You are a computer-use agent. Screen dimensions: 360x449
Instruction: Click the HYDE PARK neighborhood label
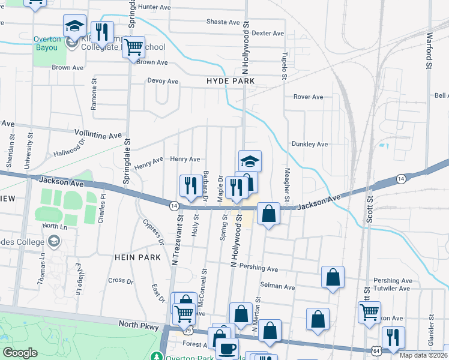[x=231, y=81]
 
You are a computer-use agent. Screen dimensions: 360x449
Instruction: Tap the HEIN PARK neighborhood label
[x=137, y=257]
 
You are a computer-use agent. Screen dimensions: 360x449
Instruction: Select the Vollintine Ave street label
[x=98, y=134]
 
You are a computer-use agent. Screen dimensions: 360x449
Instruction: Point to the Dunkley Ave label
[x=309, y=144]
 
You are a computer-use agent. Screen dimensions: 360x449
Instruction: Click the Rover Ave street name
[x=308, y=97]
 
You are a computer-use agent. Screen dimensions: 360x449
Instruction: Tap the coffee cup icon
[x=227, y=348]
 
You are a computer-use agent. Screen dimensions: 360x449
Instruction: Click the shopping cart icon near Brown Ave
[x=133, y=46]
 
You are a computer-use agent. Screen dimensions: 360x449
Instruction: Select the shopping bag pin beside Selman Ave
[x=333, y=277]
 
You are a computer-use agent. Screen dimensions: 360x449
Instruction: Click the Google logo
[x=20, y=353]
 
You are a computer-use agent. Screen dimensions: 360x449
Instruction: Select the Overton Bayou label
[x=47, y=43]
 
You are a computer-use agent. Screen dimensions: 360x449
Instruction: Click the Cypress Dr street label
[x=154, y=232]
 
